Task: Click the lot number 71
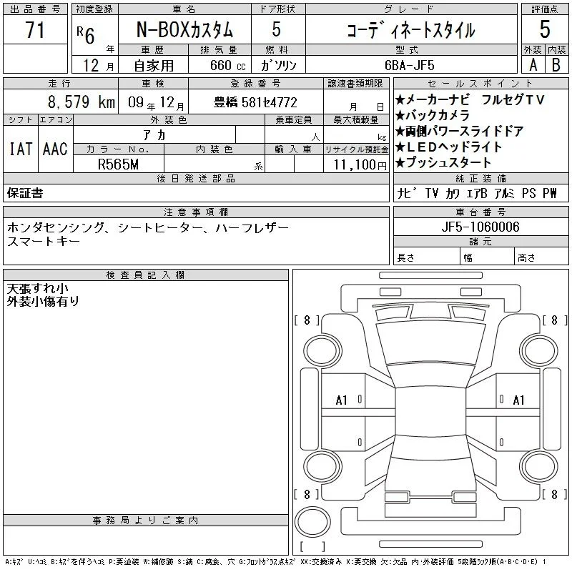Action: pos(35,29)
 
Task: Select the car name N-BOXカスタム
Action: pos(184,29)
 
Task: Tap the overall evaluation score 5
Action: pos(545,29)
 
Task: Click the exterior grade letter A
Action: pos(533,65)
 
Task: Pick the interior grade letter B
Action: pos(556,65)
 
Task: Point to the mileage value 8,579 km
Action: pos(82,102)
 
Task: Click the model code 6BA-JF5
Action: pos(409,65)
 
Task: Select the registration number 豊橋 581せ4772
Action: pos(255,102)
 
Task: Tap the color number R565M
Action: pos(118,164)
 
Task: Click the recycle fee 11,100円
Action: pos(360,165)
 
